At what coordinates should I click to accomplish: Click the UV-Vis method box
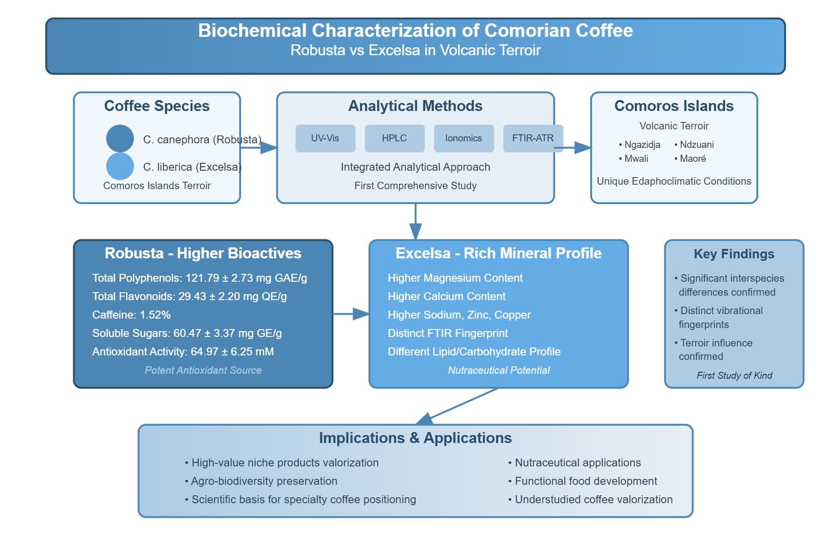coord(325,138)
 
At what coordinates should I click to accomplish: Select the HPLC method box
coord(394,138)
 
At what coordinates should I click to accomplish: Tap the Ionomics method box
coord(464,138)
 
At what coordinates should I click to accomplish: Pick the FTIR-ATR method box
coord(533,138)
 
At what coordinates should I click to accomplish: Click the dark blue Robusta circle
coord(120,138)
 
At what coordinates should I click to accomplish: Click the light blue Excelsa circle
coord(120,166)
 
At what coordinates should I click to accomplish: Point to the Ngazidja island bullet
coord(640,145)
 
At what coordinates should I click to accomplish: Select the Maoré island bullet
coord(690,159)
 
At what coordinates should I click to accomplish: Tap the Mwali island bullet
coord(633,159)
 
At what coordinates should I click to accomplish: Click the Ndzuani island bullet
coord(694,145)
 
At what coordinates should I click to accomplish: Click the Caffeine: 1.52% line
coord(131,315)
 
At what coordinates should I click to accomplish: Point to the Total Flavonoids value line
coord(189,297)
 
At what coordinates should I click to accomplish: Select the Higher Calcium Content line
coord(446,297)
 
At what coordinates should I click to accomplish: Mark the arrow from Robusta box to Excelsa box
coord(351,314)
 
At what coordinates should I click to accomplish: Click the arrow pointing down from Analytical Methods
coord(415,222)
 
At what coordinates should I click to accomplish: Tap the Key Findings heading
coord(734,254)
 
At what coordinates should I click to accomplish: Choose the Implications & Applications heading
coord(415,438)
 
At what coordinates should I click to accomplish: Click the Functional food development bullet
coord(583,481)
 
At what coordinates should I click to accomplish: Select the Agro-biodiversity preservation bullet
coord(261,481)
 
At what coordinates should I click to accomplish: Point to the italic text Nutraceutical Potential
coord(498,370)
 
